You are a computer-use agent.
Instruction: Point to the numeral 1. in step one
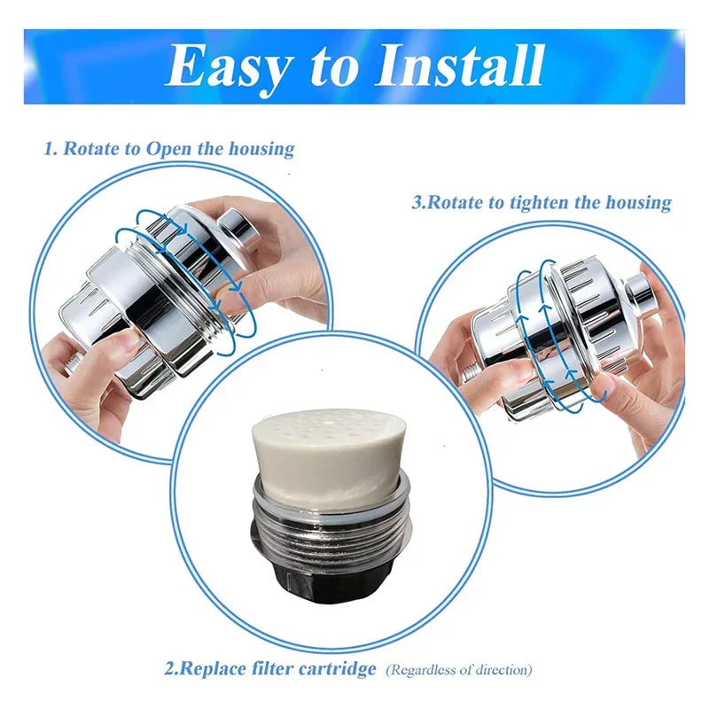[x=51, y=148]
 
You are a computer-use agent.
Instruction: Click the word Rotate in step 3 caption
[x=458, y=202]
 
